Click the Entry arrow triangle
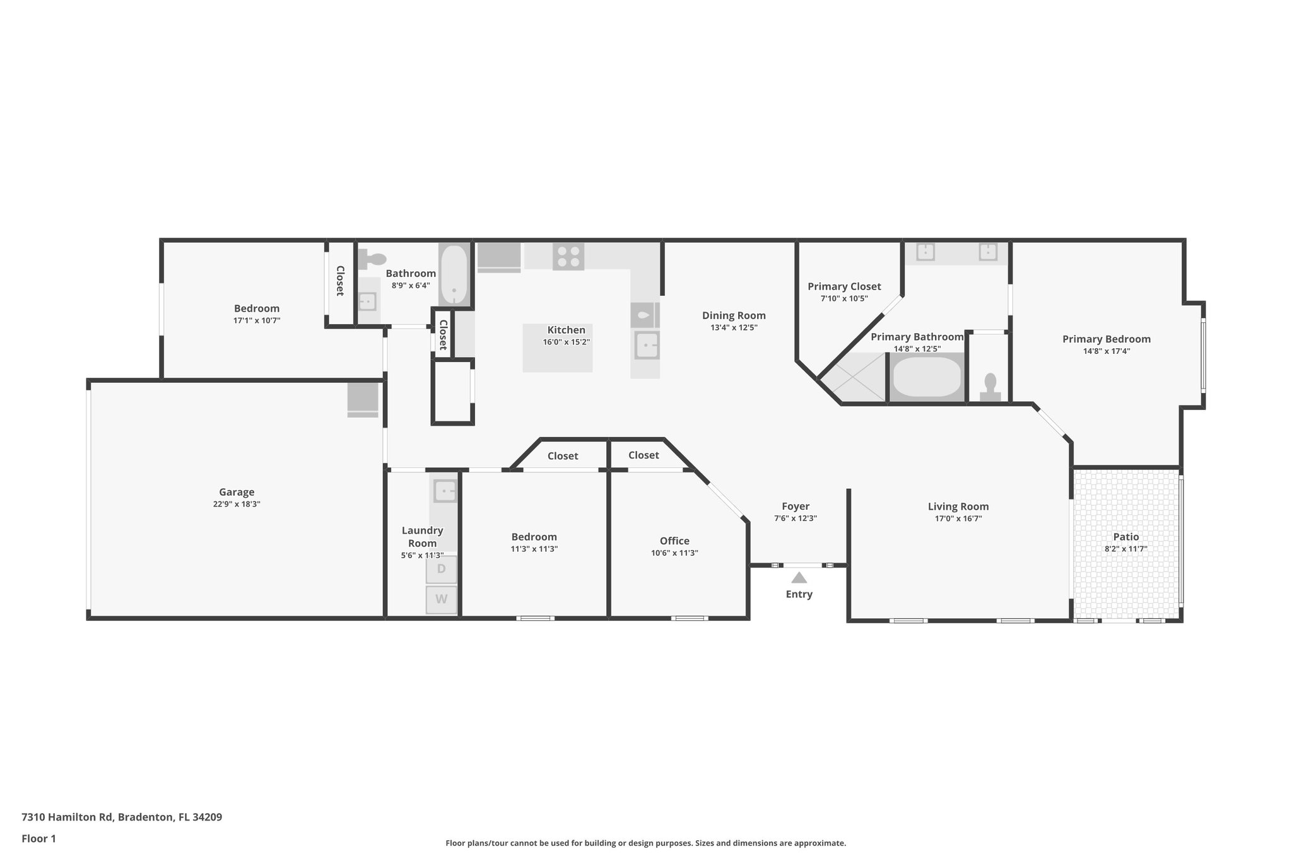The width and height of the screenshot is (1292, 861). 799,578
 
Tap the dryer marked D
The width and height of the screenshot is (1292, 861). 441,569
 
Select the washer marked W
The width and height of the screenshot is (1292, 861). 441,599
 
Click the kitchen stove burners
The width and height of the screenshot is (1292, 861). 568,257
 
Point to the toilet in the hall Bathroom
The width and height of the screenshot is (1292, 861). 373,259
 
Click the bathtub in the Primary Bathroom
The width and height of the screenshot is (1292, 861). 927,377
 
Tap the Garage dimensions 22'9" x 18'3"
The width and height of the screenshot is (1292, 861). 237,504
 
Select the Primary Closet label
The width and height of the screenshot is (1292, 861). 844,286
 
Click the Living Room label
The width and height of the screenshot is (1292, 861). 958,507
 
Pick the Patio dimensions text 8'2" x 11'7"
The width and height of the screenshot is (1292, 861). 1125,549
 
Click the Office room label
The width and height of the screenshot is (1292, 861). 674,541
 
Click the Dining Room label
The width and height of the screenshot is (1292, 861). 734,315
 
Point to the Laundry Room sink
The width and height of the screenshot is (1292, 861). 445,490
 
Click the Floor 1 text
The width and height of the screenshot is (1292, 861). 38,838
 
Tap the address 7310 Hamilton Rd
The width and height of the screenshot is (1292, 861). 122,817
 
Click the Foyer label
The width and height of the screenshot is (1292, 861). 796,506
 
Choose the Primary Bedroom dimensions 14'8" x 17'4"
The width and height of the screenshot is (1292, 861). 1106,351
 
